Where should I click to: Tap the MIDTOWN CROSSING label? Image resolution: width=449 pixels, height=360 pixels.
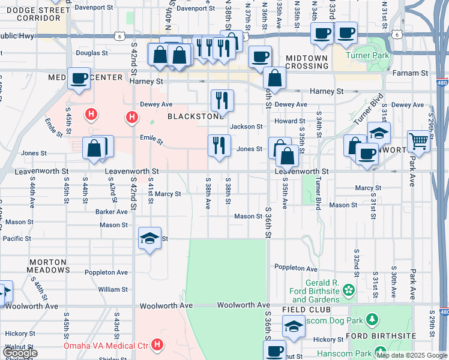pos(307,62)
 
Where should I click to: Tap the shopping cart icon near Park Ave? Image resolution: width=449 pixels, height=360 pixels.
pos(418,142)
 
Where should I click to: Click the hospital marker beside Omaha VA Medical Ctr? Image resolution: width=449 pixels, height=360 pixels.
pos(157,345)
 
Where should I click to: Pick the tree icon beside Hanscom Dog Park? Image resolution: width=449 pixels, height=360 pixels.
pos(373,319)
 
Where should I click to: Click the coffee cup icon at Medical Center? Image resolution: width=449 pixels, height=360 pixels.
pos(79,78)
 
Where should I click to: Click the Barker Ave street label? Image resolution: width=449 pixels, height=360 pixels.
pos(111,211)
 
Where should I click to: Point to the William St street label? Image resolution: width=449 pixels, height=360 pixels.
pos(113,289)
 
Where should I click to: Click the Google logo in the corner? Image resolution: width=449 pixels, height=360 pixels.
pos(20,353)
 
